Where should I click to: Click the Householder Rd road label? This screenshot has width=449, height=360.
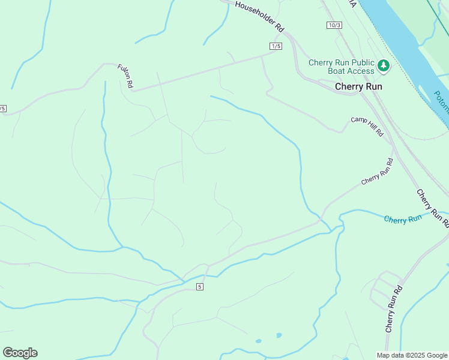click(x=259, y=16)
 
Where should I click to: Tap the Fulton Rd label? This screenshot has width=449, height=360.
click(x=125, y=77)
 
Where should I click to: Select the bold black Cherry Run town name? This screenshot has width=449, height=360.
click(x=358, y=86)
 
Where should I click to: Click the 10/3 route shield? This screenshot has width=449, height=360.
click(x=335, y=25)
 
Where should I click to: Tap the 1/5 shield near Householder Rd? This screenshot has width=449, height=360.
click(x=276, y=46)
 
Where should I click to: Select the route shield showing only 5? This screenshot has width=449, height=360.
click(x=200, y=287)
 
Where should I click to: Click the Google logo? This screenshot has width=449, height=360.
click(x=20, y=353)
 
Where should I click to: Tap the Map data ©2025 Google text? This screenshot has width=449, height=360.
click(x=411, y=355)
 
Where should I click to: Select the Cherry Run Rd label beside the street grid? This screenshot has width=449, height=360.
click(x=394, y=309)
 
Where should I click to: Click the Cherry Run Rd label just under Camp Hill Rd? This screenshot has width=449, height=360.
click(x=378, y=172)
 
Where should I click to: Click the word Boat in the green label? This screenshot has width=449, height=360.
click(x=322, y=71)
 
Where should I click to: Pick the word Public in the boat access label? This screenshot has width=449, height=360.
click(x=359, y=62)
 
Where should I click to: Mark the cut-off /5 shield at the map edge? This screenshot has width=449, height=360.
click(x=2, y=109)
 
